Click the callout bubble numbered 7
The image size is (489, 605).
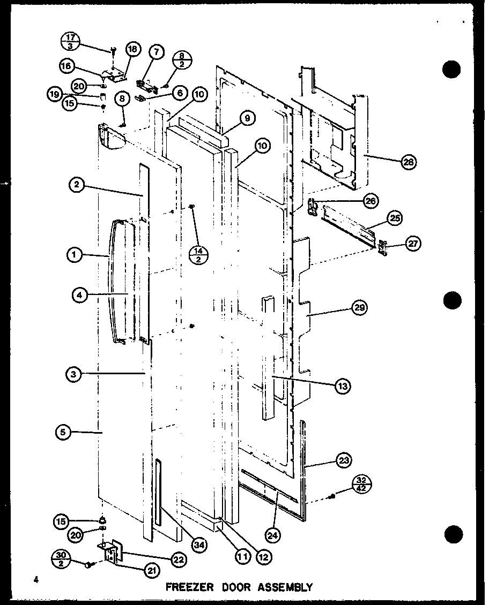pos(157,52)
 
